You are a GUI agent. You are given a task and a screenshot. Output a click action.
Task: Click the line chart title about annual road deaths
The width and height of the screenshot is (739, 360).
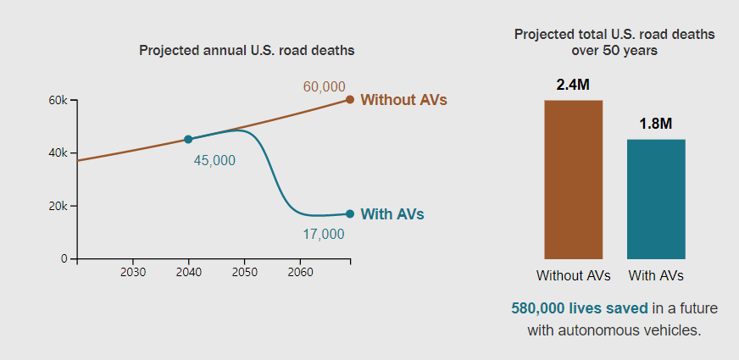pos(246,50)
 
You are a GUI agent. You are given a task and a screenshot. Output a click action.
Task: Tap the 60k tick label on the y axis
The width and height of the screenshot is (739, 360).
pos(57,100)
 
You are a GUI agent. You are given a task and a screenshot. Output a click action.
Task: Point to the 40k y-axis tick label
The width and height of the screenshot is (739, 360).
pos(57,153)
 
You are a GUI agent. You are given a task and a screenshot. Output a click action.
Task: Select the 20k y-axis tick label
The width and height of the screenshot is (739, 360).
pos(57,206)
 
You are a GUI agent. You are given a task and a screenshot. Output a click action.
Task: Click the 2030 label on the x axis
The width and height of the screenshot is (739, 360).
pos(132,273)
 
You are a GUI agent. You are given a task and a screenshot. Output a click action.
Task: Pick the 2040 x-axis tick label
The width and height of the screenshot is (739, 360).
pos(188,273)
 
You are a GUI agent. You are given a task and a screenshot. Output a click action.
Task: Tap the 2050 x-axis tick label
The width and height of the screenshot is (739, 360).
pos(244,273)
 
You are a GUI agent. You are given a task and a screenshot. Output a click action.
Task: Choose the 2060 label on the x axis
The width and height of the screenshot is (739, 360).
pos(300,273)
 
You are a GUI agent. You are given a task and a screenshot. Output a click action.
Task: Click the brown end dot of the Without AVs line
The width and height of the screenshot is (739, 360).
pos(349,100)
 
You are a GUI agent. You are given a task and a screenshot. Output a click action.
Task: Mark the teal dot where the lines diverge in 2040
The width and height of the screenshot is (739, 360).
pos(188,139)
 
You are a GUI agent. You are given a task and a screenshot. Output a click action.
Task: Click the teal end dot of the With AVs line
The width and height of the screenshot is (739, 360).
pos(349,214)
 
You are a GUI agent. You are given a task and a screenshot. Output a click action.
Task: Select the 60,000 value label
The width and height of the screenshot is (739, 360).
pos(324,86)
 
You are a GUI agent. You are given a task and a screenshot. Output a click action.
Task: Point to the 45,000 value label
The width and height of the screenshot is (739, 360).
pos(214,161)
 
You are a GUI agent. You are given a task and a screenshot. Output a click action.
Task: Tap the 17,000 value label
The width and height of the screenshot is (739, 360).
pos(324,234)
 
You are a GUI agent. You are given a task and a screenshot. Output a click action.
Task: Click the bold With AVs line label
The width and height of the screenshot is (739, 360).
pos(392,214)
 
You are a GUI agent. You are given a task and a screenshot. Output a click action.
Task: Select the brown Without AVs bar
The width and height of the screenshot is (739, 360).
pos(573,179)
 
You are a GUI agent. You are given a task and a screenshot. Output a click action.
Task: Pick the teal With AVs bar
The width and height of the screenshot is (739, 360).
pos(656,199)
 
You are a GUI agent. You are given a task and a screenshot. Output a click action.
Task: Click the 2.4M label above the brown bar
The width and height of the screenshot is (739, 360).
pos(573,86)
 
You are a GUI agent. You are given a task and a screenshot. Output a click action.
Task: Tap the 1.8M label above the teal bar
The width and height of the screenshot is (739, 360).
pos(656,124)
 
